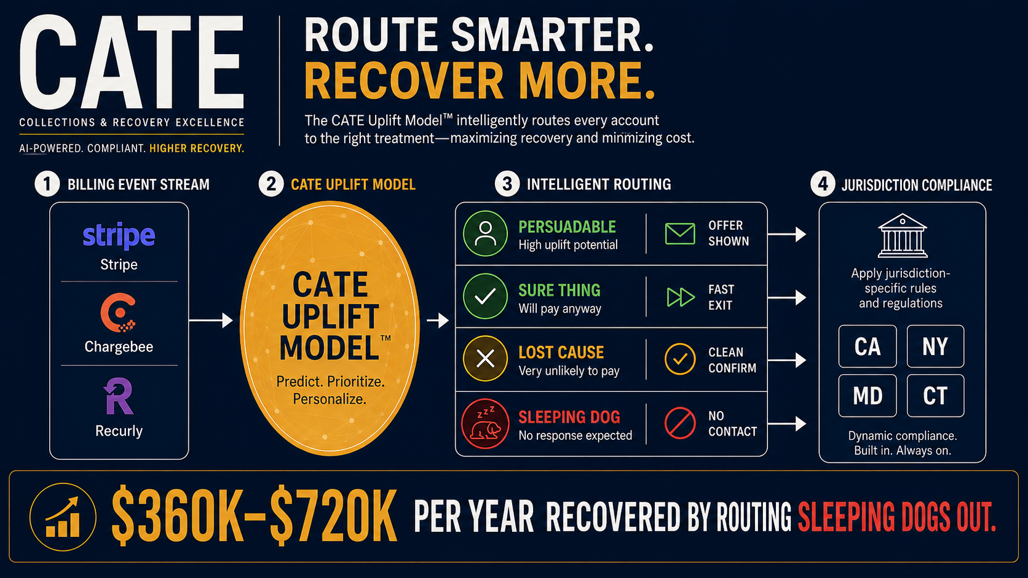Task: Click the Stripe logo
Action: [x=119, y=236]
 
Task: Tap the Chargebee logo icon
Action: [x=119, y=313]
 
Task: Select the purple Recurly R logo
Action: [x=119, y=396]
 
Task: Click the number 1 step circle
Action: [x=47, y=184]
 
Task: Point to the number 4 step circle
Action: [x=823, y=184]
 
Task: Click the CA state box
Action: [x=868, y=346]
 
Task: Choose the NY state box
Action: [x=935, y=346]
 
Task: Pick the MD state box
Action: [x=868, y=396]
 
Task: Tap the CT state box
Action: [x=935, y=396]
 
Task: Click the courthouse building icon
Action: [x=902, y=235]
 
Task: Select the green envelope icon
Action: [x=679, y=234]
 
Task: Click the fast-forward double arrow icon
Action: [x=681, y=297]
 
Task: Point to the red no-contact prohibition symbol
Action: [x=679, y=423]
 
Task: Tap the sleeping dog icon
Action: [x=485, y=424]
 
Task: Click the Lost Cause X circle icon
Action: [x=485, y=359]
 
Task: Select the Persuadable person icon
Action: [x=485, y=233]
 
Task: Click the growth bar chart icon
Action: [x=63, y=517]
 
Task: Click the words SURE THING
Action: [x=559, y=290]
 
